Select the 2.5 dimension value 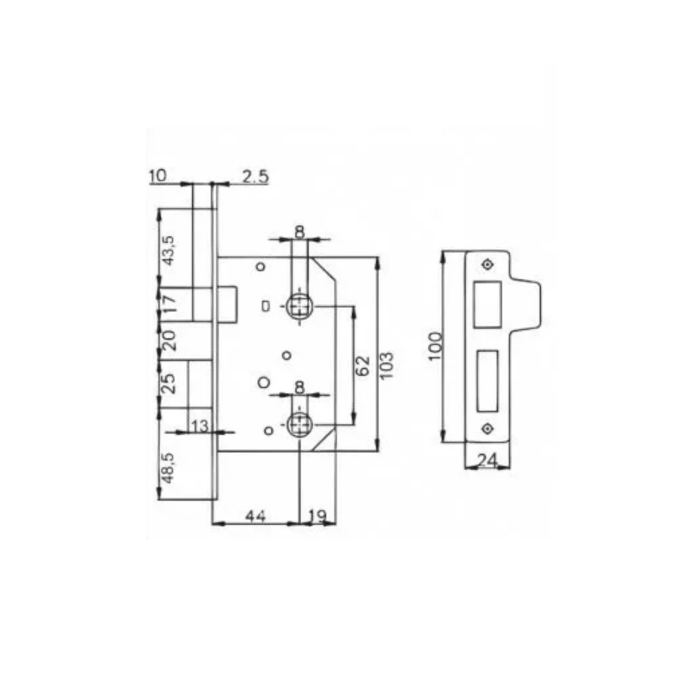[255, 177]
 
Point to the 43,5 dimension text [169, 250]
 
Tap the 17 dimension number [169, 304]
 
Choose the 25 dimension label [169, 383]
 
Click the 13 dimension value [200, 426]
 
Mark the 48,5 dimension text [169, 466]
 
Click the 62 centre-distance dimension [362, 366]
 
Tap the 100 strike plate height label [436, 346]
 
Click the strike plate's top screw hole [487, 264]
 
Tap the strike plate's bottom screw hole [487, 428]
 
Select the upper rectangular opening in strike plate [487, 305]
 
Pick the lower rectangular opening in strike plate [487, 380]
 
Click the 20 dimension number [169, 342]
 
